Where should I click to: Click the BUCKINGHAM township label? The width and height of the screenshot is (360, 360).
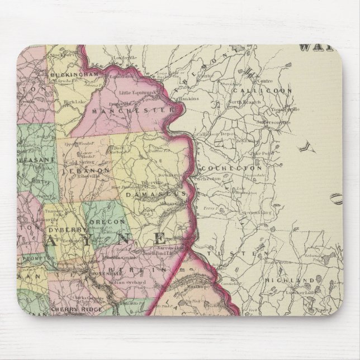70,74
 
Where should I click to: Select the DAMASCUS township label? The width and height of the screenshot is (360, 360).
155,194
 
